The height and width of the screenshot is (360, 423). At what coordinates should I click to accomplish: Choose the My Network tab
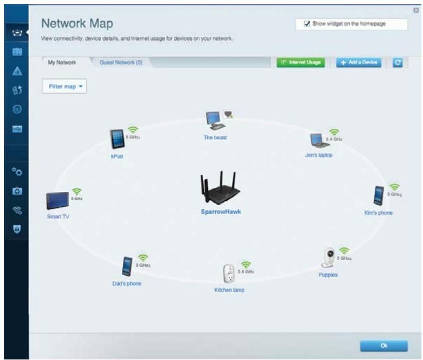coord(62,63)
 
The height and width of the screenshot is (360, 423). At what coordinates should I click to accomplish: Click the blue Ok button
coord(384,345)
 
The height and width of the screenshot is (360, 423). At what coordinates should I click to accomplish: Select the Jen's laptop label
coord(319,155)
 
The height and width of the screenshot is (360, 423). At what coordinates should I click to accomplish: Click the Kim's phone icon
coord(379,196)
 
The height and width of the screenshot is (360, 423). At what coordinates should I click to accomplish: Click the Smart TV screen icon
coord(57,201)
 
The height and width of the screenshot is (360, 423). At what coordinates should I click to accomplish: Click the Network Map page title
coord(77,24)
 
